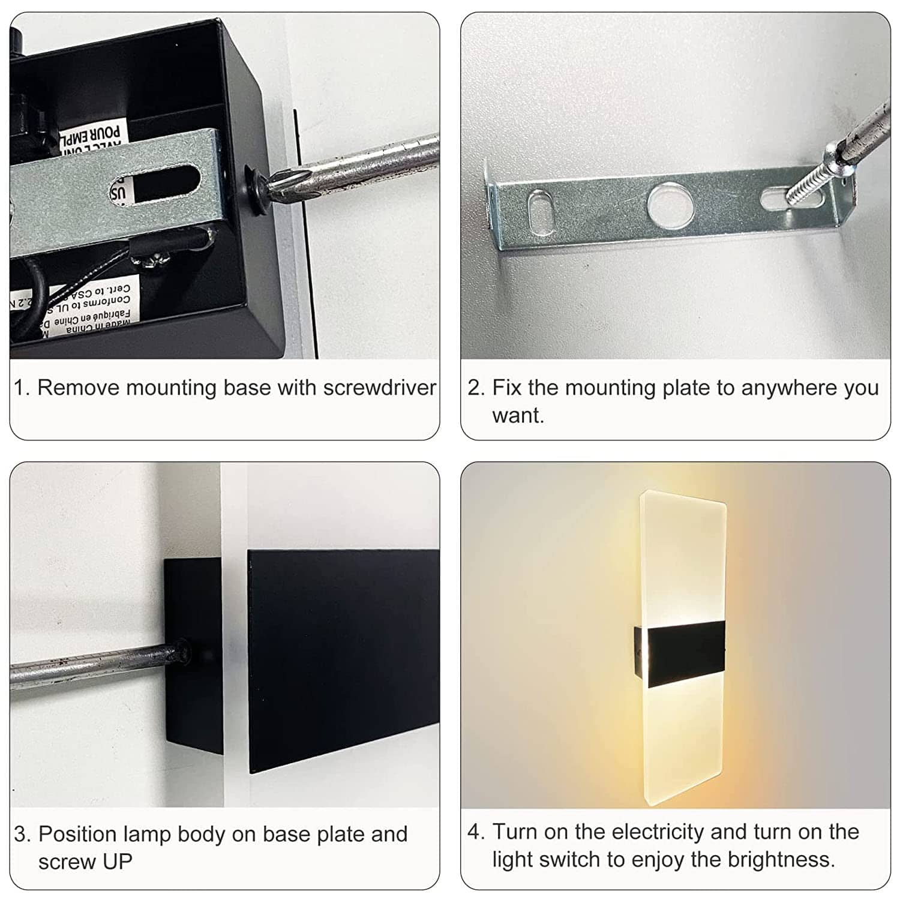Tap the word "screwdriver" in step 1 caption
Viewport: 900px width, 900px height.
[x=379, y=388]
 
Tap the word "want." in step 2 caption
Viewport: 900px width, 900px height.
[x=518, y=415]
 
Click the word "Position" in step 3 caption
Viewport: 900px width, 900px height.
[x=77, y=834]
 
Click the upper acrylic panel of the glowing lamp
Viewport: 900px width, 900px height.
[x=683, y=558]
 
